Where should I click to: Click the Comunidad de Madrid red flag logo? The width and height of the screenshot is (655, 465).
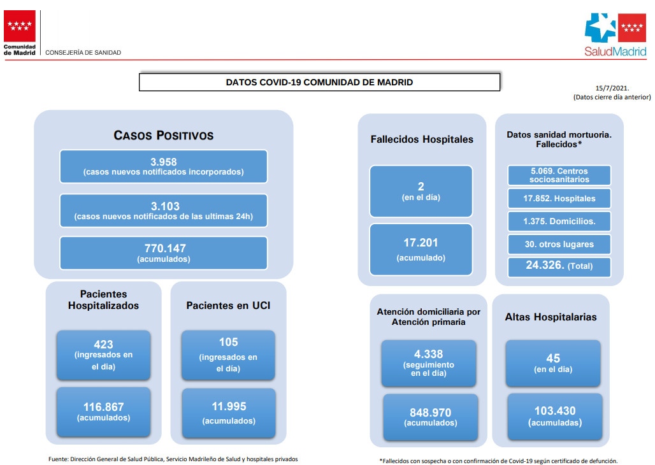20,26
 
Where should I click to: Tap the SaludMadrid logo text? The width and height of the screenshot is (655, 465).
615,52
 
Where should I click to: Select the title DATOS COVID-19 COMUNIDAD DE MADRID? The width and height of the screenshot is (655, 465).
319,82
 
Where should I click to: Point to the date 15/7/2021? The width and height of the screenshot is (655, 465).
612,88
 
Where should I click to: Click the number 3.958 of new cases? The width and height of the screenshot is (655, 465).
164,162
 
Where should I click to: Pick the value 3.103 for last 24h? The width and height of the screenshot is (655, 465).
165,206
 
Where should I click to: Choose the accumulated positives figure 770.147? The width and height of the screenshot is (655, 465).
165,248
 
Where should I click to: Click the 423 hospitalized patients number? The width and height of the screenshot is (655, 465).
104,344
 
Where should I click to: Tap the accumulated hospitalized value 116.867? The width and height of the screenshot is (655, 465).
104,406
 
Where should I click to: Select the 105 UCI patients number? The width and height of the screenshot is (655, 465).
229,342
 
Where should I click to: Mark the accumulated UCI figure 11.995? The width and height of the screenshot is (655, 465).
229,406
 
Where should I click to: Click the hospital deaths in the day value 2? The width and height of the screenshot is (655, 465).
421,187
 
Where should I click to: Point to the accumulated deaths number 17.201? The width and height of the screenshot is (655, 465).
421,243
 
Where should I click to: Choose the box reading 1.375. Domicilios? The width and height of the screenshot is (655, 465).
559,222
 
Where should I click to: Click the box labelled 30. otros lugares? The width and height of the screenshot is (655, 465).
559,245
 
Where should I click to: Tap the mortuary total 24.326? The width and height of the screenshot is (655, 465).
545,265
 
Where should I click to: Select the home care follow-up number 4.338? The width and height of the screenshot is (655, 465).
429,354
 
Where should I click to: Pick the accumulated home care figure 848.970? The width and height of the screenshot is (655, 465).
430,413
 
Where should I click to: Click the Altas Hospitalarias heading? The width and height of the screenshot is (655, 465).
551,317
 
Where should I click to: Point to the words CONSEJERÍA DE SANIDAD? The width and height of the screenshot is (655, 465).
83,53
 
